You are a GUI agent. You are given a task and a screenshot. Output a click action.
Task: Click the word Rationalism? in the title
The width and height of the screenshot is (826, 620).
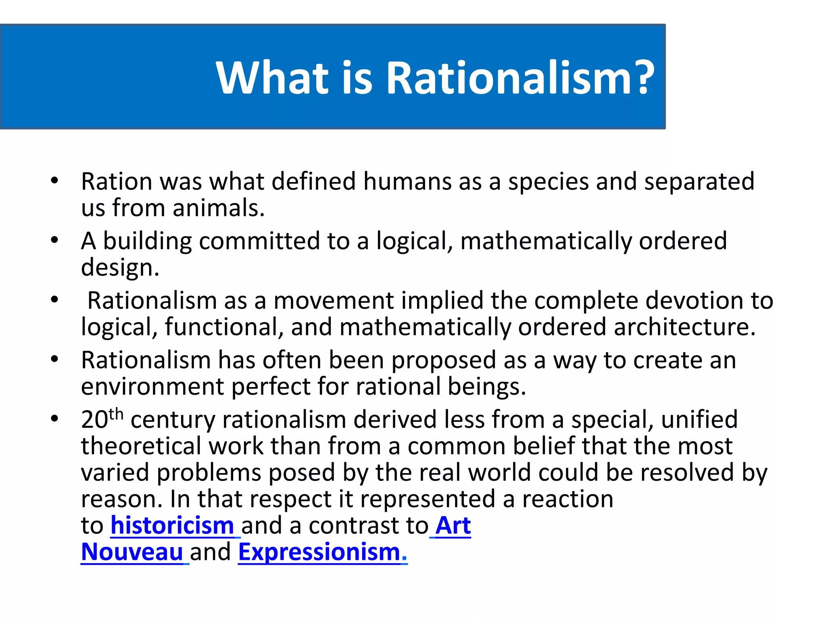click(x=520, y=77)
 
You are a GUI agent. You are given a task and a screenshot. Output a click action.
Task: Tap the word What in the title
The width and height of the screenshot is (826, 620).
click(x=273, y=77)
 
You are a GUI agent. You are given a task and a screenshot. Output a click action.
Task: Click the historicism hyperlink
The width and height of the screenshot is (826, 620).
click(x=172, y=526)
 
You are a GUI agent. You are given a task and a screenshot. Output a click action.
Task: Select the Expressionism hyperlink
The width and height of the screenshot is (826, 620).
click(x=319, y=552)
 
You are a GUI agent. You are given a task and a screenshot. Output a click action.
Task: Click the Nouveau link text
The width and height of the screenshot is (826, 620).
click(x=132, y=552)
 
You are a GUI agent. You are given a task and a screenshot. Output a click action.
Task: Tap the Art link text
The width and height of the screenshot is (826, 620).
click(x=453, y=526)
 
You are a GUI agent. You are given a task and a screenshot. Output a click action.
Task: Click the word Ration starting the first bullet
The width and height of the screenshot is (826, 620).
click(x=117, y=181)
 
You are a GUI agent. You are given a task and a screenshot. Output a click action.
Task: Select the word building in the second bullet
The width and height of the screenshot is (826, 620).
click(x=147, y=241)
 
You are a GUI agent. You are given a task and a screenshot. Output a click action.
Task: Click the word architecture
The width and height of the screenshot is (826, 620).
click(x=684, y=327)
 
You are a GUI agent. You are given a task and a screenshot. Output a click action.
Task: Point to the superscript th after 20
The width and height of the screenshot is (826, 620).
click(x=116, y=414)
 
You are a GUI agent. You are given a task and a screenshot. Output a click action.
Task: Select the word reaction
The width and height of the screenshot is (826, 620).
click(x=568, y=499)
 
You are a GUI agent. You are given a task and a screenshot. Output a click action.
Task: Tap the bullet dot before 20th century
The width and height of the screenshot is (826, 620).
click(x=55, y=419)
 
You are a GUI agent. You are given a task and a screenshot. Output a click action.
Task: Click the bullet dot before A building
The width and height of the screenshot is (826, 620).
click(x=55, y=240)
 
